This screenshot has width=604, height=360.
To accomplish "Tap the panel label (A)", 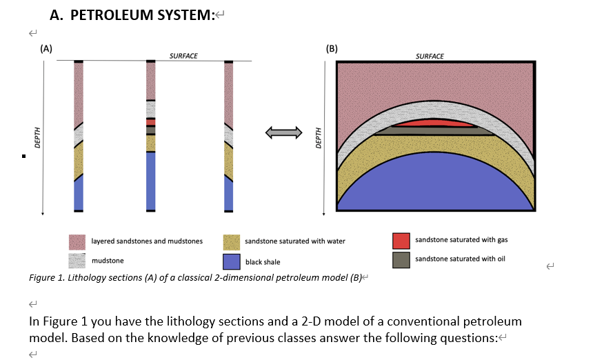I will coord(45,49).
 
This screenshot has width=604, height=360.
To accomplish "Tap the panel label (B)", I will coord(332,49).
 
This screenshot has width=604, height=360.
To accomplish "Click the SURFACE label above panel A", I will coord(183,56).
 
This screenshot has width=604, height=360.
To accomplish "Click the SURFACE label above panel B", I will coord(430,56).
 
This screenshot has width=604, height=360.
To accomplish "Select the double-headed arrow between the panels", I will coord(285,132).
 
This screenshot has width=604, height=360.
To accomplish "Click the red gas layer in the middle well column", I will coord(150,122).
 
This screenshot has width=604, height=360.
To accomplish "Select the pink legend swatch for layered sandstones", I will coord(77,242).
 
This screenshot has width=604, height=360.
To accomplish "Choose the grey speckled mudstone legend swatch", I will coord(77,261).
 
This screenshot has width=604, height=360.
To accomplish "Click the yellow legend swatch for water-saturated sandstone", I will coord(231,242).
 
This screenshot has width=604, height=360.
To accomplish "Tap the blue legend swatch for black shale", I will coord(231,261).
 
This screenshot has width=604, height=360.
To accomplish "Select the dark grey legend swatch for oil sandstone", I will coord(401,259).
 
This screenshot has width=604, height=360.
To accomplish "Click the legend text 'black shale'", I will coord(263,262).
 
